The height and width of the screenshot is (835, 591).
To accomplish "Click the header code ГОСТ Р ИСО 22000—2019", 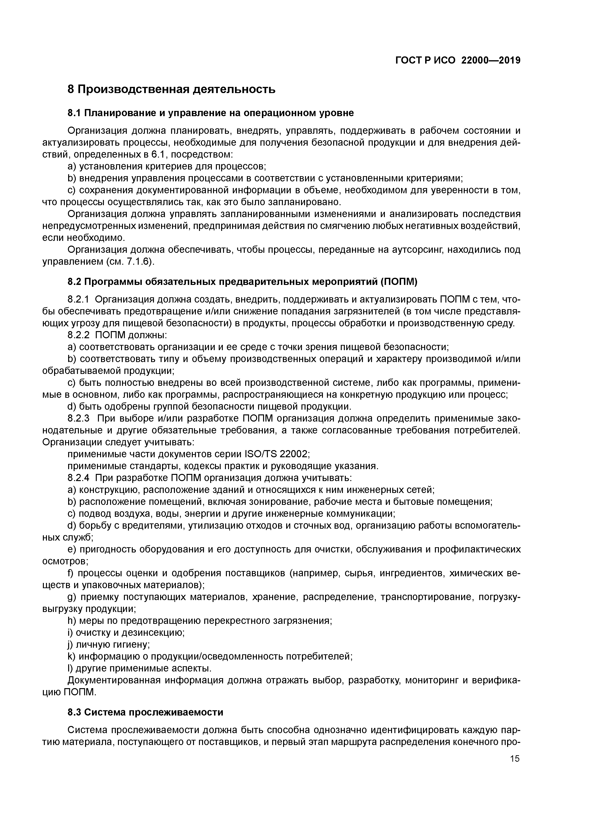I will pyautogui.click(x=458, y=60).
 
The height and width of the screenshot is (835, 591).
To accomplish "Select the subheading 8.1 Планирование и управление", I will pyautogui.click(x=210, y=113).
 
